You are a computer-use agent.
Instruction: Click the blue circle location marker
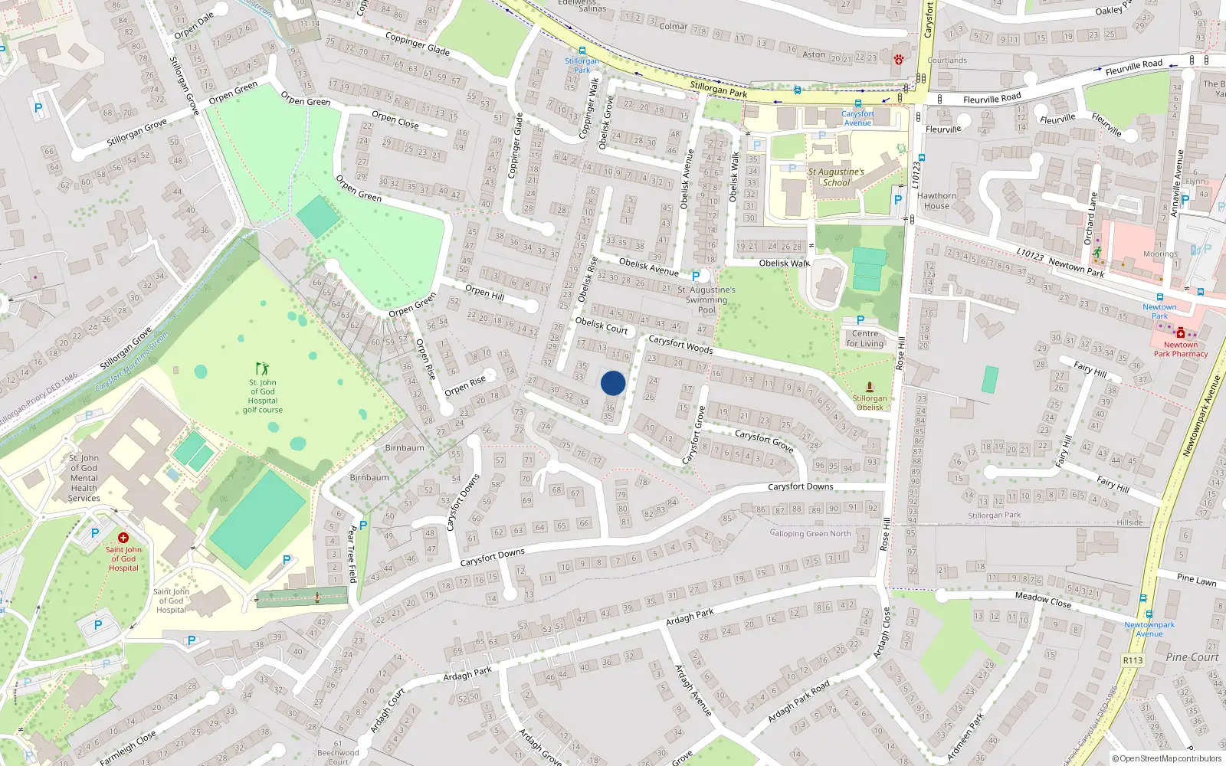pyautogui.click(x=613, y=383)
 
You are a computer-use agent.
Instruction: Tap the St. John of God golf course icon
pyautogui.click(x=263, y=368)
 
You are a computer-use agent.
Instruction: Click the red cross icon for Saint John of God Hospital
pyautogui.click(x=123, y=538)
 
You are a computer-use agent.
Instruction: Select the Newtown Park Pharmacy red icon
pyautogui.click(x=1181, y=333)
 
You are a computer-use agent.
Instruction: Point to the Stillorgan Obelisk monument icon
pyautogui.click(x=869, y=387)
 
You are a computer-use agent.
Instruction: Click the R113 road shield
pyautogui.click(x=1133, y=660)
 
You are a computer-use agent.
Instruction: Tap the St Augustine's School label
pyautogui.click(x=836, y=177)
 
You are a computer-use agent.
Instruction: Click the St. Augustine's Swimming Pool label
pyautogui.click(x=706, y=300)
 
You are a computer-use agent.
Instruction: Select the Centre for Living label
pyautogui.click(x=865, y=338)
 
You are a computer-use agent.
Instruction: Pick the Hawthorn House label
pyautogui.click(x=936, y=201)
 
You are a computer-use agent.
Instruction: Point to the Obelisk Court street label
pyautogui.click(x=602, y=326)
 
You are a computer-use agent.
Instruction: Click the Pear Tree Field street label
pyautogui.click(x=352, y=553)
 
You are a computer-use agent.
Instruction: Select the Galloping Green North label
pyautogui.click(x=810, y=533)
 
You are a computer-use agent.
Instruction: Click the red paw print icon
pyautogui.click(x=898, y=58)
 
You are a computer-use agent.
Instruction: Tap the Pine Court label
pyautogui.click(x=1192, y=657)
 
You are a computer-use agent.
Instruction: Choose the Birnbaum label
pyautogui.click(x=405, y=448)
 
